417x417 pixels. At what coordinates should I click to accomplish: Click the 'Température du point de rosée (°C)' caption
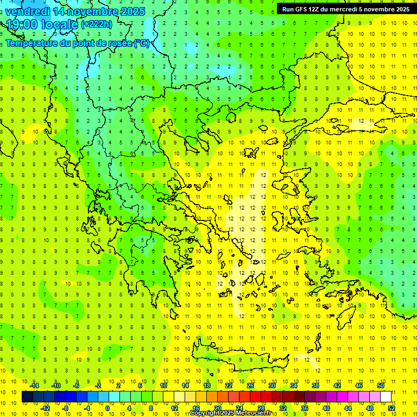tap(77, 43)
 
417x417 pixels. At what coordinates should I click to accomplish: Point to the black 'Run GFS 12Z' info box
tap(346, 9)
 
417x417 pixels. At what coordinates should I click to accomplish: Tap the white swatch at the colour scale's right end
tap(386, 397)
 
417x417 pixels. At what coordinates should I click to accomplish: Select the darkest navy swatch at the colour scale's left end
tap(27, 397)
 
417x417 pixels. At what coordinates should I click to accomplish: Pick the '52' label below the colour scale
tap(391, 408)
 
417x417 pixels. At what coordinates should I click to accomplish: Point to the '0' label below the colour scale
tap(108, 408)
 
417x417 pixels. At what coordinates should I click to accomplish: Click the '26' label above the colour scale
tap(250, 386)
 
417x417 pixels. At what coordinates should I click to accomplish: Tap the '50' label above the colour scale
tap(381, 386)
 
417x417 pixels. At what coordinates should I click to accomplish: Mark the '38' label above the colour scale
tap(315, 386)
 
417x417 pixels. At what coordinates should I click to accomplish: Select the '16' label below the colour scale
tap(196, 408)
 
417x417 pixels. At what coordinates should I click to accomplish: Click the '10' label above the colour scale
tap(163, 386)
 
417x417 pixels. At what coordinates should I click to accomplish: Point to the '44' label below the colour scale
tap(348, 408)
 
